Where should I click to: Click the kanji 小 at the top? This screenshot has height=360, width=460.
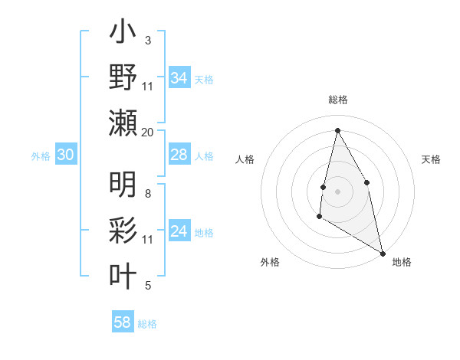click(x=123, y=34)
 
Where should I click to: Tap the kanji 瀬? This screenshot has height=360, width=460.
click(x=123, y=123)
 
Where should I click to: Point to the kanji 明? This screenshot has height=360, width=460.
click(x=123, y=185)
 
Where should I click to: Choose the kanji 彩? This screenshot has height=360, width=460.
click(x=123, y=230)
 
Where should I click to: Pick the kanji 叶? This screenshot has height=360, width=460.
click(x=123, y=276)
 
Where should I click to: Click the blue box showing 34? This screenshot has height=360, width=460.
click(x=179, y=77)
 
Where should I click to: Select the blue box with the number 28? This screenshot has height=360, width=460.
click(x=179, y=155)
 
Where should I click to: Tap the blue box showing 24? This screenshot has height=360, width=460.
click(x=179, y=231)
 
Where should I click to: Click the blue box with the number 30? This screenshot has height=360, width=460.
click(x=66, y=155)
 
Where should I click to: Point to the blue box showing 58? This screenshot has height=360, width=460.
click(x=123, y=322)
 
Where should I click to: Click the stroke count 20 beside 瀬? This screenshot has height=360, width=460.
click(x=148, y=133)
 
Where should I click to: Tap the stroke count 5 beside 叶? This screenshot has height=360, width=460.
click(x=148, y=286)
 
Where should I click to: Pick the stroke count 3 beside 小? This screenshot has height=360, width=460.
click(x=148, y=40)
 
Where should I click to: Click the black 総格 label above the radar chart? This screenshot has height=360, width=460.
click(x=337, y=100)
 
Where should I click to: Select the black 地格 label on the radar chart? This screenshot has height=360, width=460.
click(x=402, y=262)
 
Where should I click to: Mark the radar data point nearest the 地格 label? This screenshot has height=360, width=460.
click(x=383, y=254)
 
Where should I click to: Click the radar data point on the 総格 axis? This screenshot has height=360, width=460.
click(x=337, y=129)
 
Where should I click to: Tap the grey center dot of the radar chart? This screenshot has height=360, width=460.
click(x=337, y=191)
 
